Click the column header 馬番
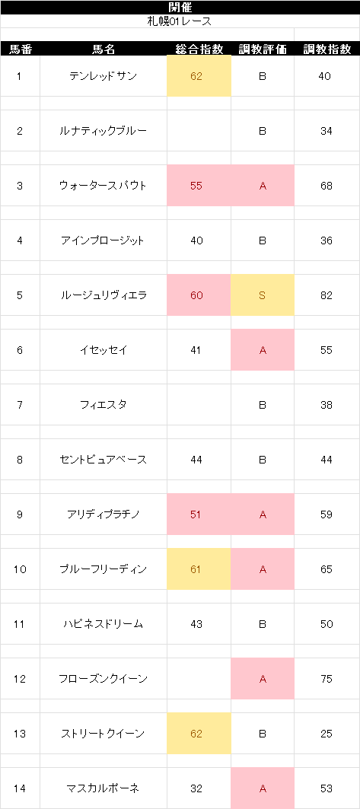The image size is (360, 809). click(x=20, y=49)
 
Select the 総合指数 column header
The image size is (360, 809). click(x=199, y=49)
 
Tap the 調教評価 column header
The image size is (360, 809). click(x=263, y=49)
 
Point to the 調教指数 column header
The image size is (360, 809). click(x=327, y=49)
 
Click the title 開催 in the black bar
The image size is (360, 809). click(x=180, y=7)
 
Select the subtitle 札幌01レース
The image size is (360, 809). click(x=180, y=21)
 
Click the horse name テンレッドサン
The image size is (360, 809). click(x=104, y=76)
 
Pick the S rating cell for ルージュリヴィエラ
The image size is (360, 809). click(x=263, y=295)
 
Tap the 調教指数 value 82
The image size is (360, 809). click(x=326, y=295)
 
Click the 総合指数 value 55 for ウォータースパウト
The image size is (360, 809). click(x=196, y=186)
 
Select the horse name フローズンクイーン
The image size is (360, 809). click(x=104, y=679)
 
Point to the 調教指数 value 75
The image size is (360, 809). click(x=326, y=679)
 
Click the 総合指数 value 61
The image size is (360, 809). click(x=196, y=569)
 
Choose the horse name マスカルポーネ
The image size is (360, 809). click(x=104, y=788)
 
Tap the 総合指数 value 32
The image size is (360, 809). click(x=196, y=788)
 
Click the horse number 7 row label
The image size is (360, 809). click(x=20, y=405)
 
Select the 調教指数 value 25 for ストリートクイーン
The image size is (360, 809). click(x=326, y=734)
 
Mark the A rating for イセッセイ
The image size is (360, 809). click(x=263, y=350)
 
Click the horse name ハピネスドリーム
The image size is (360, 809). click(x=104, y=624)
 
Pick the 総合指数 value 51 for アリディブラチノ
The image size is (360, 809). click(x=196, y=515)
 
